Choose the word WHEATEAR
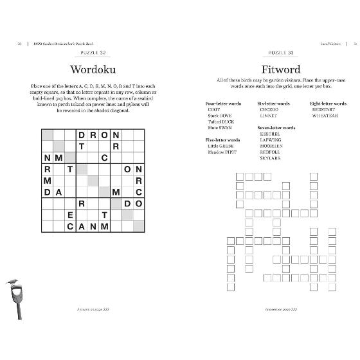[x=324, y=116]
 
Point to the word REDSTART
[x=324, y=110]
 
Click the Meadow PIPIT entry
[x=220, y=151]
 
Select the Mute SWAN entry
[x=217, y=128]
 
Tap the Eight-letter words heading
[x=328, y=104]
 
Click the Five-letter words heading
[x=222, y=139]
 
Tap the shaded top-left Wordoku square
[x=47, y=135]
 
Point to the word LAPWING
[x=269, y=139]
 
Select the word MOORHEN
[x=269, y=145]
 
